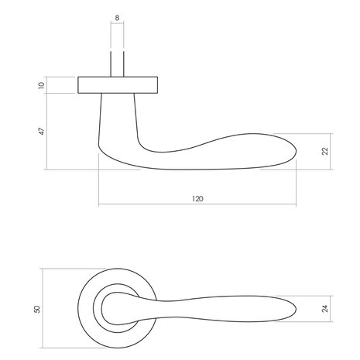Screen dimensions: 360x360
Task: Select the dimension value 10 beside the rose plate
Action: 40,84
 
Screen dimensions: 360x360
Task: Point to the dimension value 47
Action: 40,132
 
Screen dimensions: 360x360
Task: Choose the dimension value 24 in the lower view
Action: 325,308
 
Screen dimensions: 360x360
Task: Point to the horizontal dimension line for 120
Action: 197,205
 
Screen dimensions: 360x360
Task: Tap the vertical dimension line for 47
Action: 48,132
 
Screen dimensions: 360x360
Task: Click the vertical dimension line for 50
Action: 45,308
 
